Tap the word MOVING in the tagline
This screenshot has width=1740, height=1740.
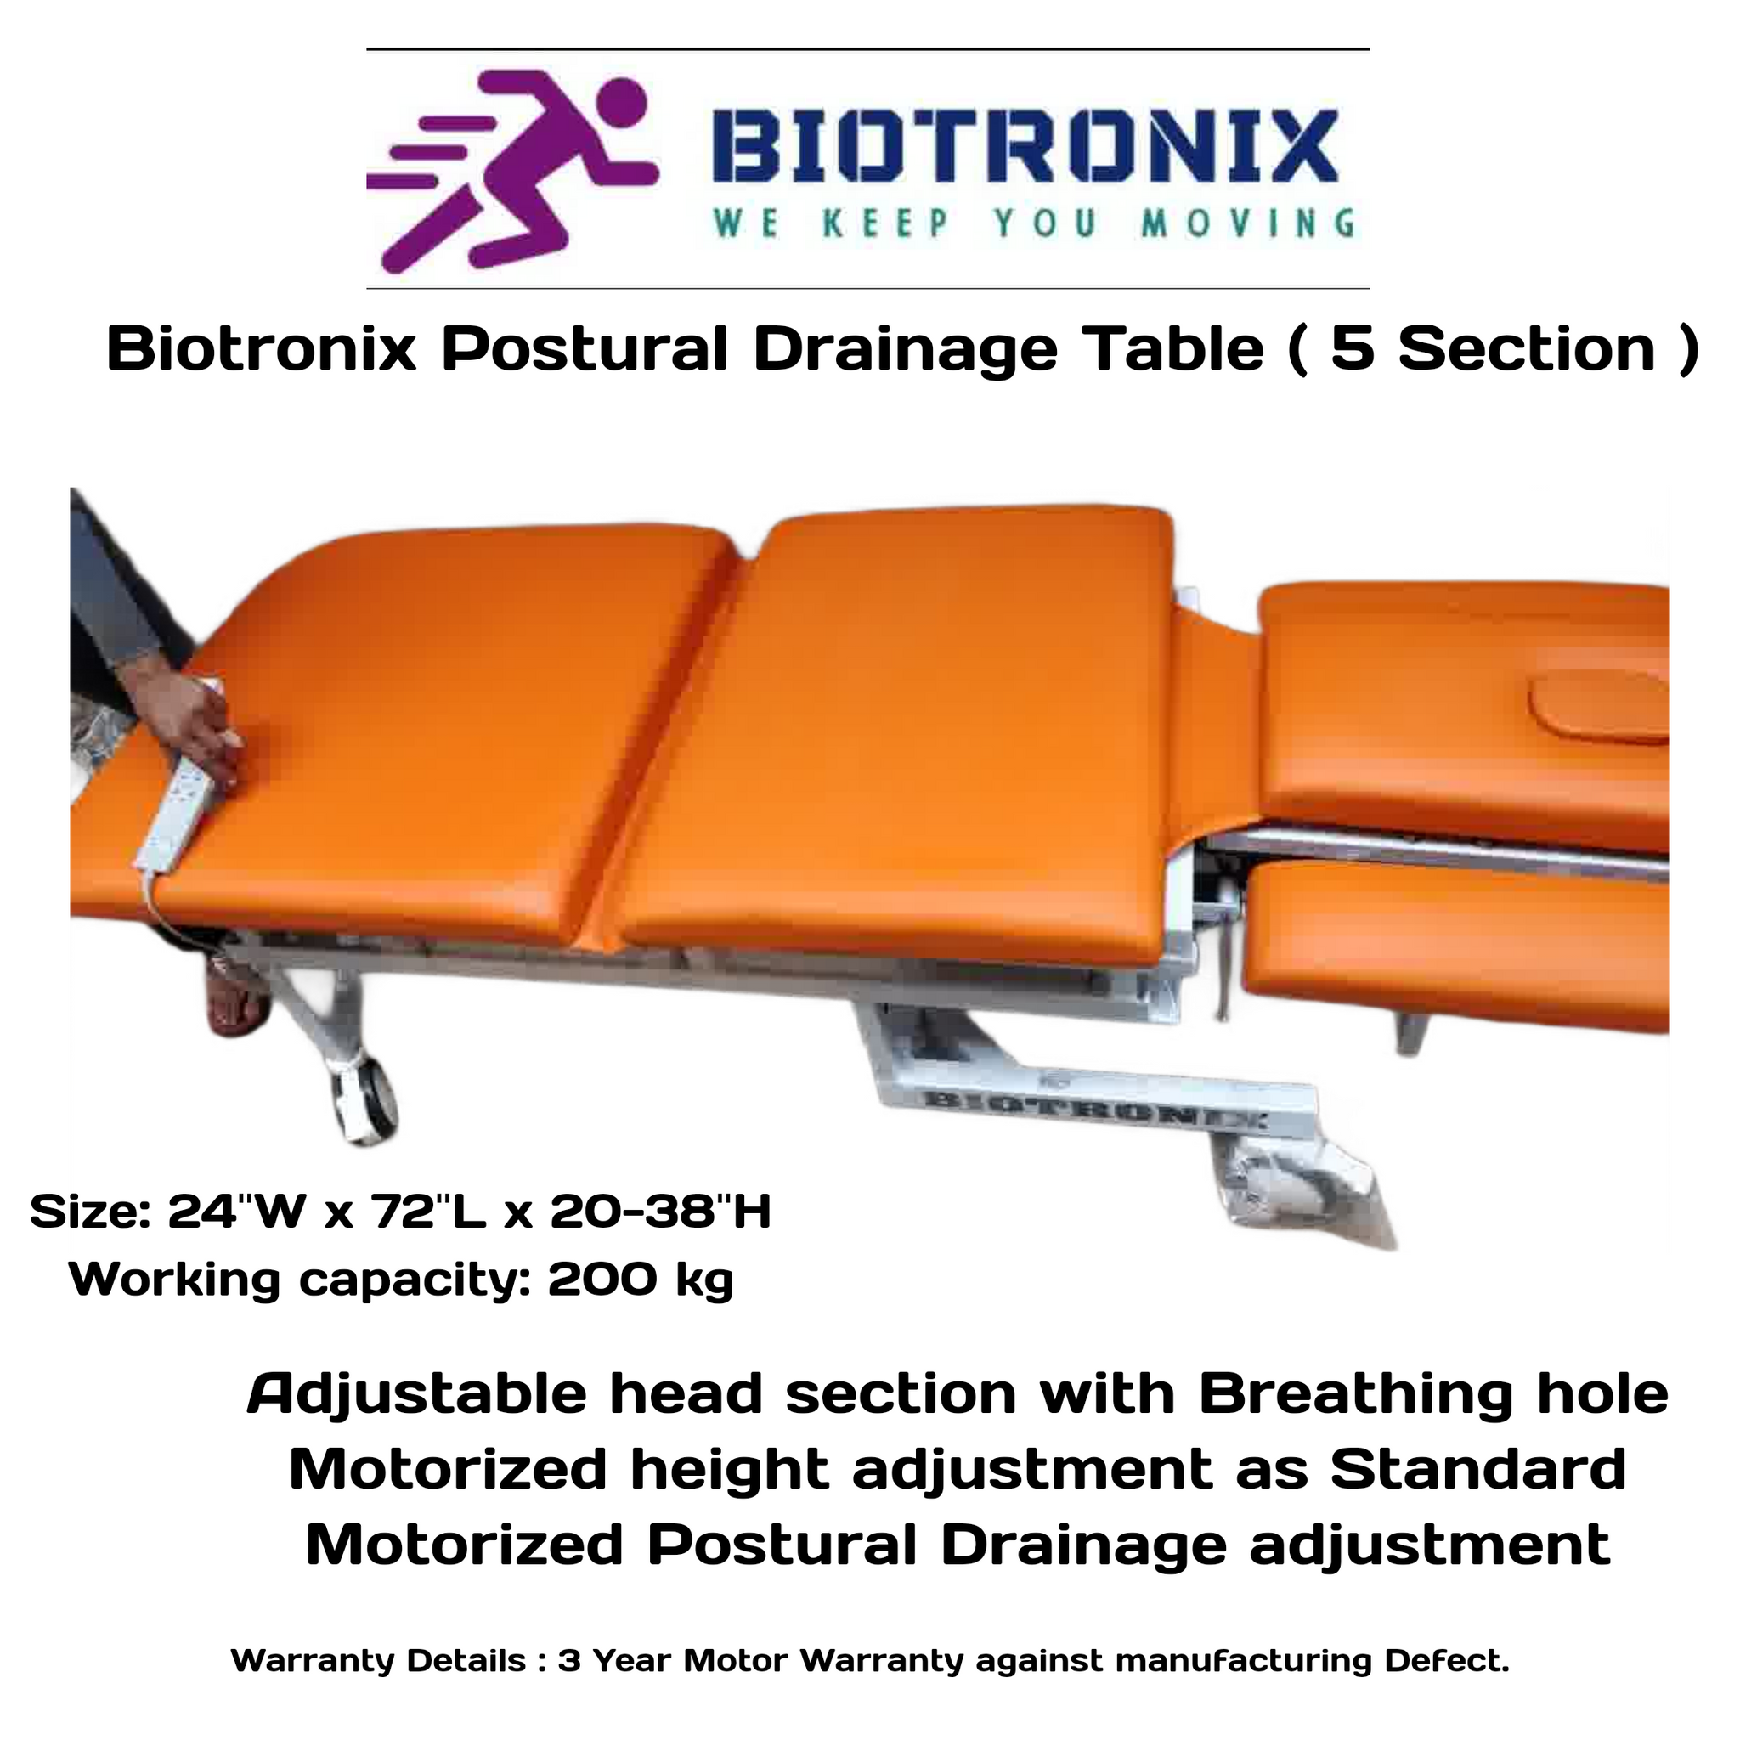tap(1247, 223)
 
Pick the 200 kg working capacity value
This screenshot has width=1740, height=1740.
tap(640, 1279)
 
